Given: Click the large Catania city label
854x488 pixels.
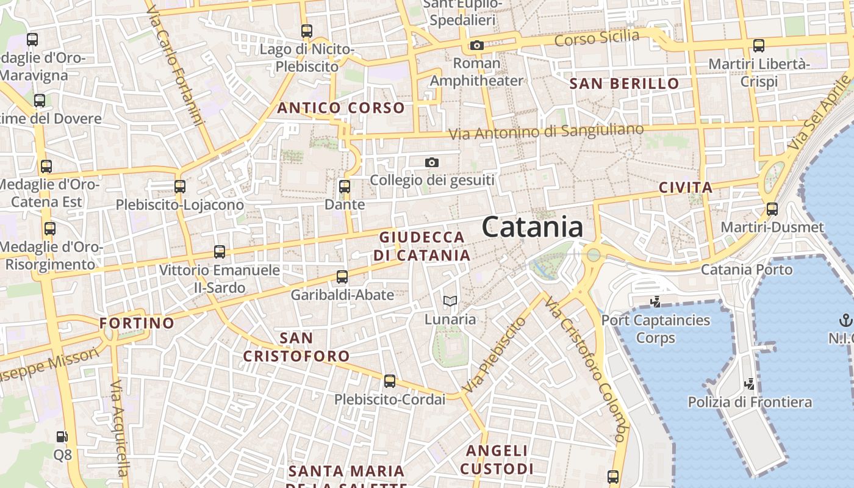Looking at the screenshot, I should (x=532, y=227).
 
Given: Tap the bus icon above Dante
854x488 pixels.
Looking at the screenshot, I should (x=345, y=187).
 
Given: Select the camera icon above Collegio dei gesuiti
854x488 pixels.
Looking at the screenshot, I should (x=432, y=162).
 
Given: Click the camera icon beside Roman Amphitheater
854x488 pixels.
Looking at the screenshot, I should (x=477, y=45).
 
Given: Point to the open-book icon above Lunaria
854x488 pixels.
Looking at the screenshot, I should (x=450, y=301).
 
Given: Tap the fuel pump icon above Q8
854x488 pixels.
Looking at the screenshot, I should (x=62, y=437).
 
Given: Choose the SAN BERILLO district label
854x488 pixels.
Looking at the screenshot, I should (x=624, y=84).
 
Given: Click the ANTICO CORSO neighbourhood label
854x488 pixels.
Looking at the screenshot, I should (x=341, y=108).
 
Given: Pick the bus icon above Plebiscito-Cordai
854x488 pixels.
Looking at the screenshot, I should (x=390, y=381).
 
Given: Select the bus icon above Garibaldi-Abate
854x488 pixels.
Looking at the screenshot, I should (x=342, y=277).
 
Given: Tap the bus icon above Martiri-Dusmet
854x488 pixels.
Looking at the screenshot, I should (x=772, y=209).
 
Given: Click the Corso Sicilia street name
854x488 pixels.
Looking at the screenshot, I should (x=597, y=38).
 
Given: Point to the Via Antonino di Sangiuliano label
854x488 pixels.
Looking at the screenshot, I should (x=546, y=131).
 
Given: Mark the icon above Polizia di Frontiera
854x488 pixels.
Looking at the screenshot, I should (x=750, y=384).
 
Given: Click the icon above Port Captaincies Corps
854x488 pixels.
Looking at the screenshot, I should (x=656, y=301).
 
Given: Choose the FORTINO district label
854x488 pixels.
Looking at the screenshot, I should (x=137, y=323).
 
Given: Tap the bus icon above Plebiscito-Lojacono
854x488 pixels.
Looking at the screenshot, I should (x=180, y=187).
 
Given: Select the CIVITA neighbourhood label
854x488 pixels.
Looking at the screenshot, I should (x=686, y=187).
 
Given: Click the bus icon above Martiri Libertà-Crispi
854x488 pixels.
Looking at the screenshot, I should (x=759, y=45).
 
